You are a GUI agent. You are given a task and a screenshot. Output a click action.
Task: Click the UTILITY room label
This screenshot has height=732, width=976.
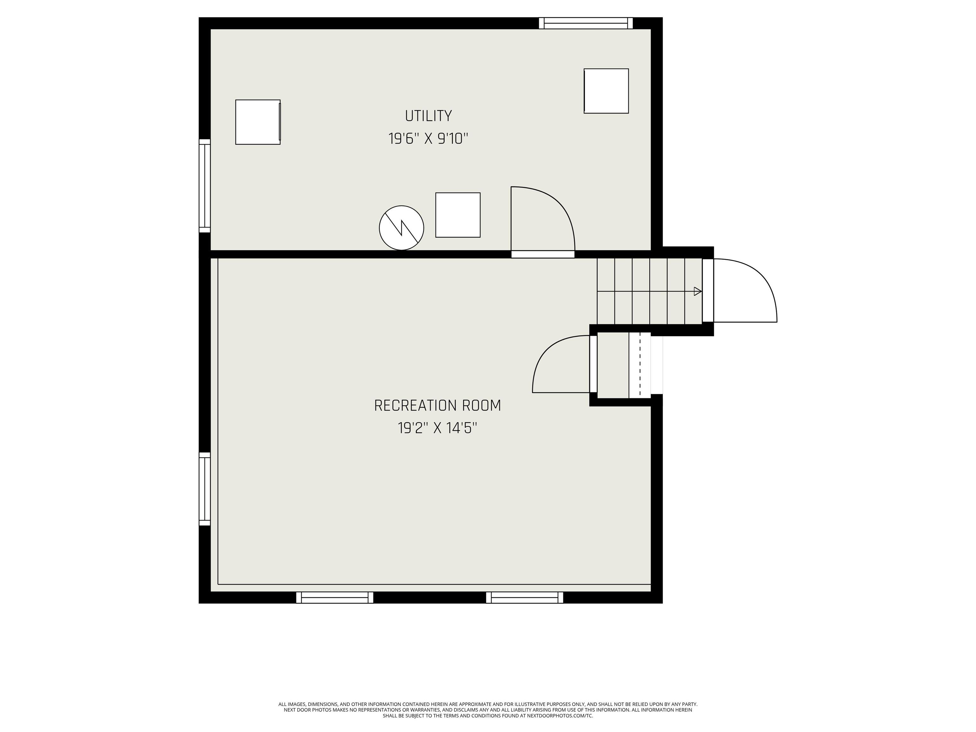429,116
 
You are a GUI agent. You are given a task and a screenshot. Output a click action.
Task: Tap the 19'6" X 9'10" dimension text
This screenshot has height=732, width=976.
428,139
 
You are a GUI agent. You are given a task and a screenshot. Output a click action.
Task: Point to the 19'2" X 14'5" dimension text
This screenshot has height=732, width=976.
438,428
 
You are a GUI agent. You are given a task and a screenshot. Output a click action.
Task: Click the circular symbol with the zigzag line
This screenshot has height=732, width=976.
402,228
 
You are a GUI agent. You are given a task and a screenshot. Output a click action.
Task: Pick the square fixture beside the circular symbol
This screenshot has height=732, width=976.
458,215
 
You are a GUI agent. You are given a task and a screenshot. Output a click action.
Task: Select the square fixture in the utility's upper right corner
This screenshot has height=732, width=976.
606,91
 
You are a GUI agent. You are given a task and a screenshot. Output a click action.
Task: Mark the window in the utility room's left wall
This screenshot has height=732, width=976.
205,186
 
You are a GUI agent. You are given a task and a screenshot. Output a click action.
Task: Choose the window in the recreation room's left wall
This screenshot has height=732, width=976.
205,489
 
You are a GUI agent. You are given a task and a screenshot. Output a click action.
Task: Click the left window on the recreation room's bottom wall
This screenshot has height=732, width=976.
335,597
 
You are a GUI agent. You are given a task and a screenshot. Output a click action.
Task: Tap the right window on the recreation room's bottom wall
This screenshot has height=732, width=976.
525,597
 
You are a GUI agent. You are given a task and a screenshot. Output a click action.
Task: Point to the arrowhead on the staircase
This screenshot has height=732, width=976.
698,291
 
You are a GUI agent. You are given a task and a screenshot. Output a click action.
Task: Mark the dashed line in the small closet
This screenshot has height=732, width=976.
640,364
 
